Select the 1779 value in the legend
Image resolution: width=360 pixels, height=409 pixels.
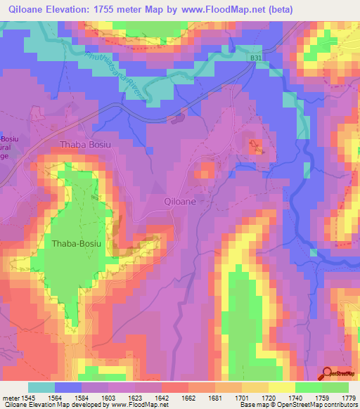348,397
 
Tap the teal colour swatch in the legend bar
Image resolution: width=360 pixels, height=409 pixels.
41,387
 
